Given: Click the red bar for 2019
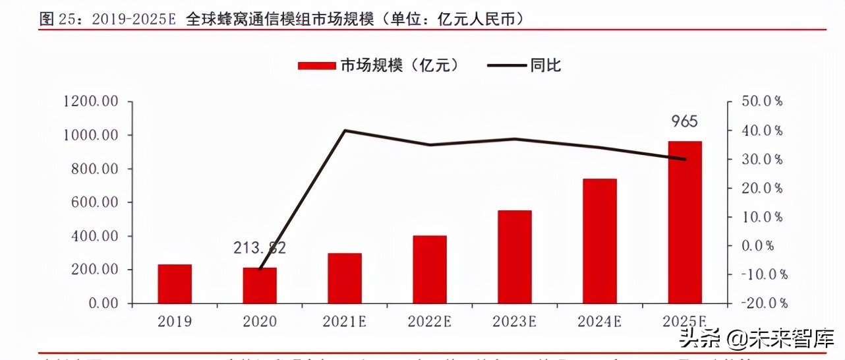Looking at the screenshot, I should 175,284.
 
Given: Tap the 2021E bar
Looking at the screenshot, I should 345,278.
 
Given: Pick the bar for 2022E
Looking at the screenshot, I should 430,270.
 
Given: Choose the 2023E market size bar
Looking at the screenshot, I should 515,257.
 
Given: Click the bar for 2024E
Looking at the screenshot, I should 600,241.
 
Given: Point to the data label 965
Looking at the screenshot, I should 685,122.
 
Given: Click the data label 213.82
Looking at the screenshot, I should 260,249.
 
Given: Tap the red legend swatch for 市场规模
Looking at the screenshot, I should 318,65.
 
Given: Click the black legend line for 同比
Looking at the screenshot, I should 506,65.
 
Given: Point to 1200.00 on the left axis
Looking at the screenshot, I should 90,102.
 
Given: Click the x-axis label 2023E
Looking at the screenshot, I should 514,322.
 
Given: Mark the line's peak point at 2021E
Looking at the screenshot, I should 345,131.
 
